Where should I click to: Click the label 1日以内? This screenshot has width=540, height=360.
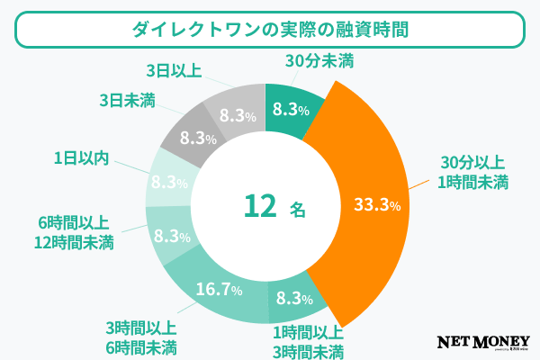point(81,158)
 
